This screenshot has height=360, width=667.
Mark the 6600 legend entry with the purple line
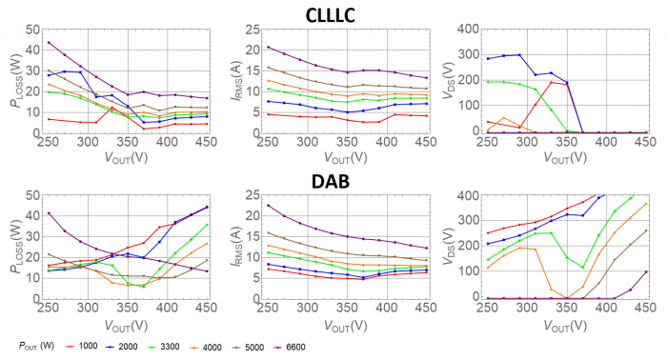pos(354,345)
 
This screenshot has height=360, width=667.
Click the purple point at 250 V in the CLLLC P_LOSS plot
pos(49,42)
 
